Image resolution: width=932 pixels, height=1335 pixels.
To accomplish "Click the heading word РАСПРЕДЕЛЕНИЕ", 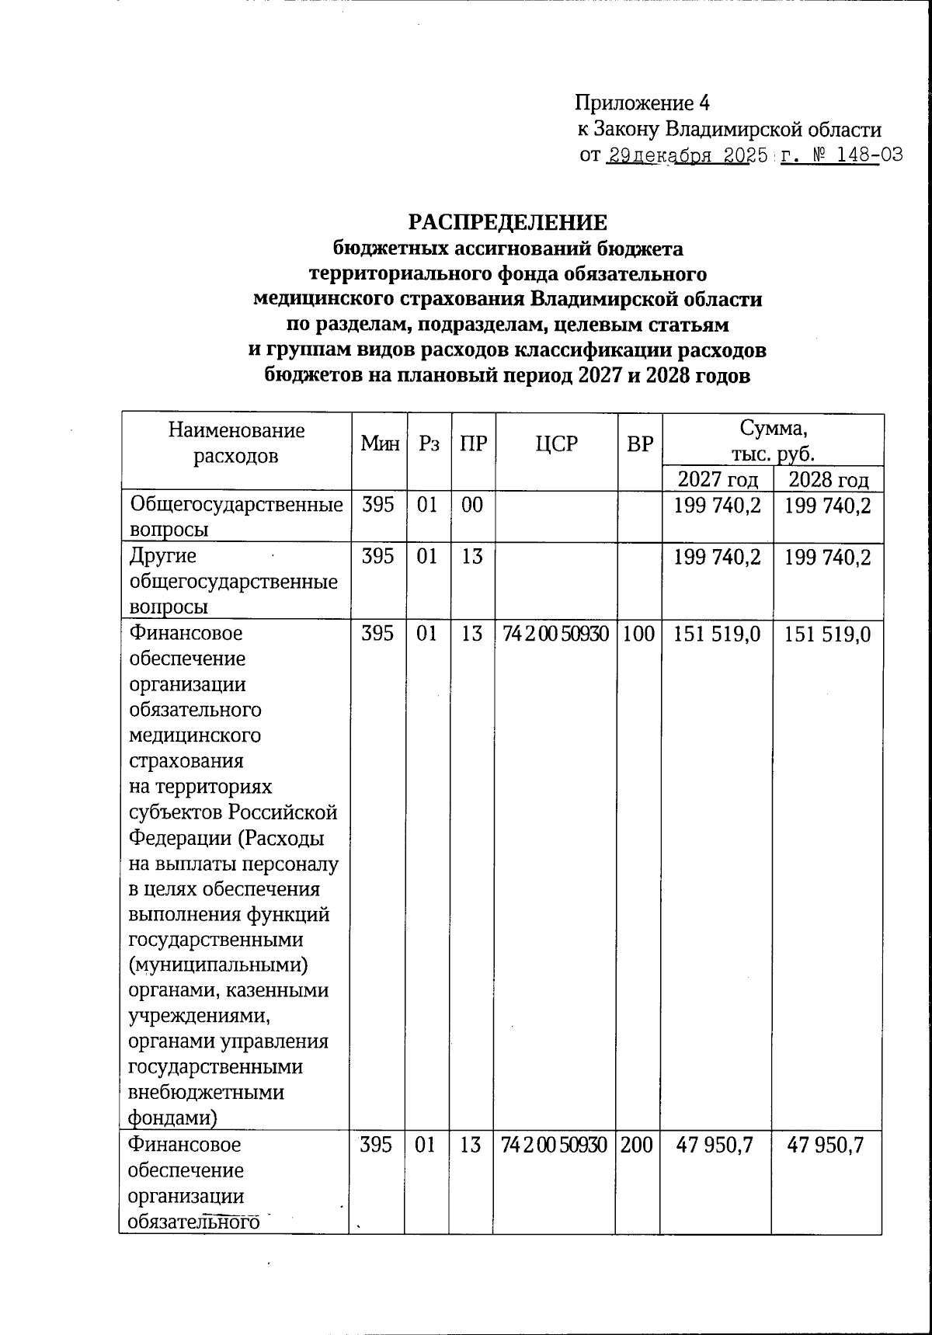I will click(x=508, y=223).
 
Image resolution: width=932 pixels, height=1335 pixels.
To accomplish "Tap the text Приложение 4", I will click(x=642, y=103).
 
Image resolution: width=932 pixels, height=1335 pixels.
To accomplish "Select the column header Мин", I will click(x=380, y=444).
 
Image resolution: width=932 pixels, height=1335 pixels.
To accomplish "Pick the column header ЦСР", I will click(x=557, y=444).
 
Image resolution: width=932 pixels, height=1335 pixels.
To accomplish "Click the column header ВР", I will click(x=639, y=444).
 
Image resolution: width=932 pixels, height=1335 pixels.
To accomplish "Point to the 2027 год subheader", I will click(x=718, y=479).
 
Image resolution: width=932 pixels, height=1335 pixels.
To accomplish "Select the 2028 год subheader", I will click(x=828, y=479).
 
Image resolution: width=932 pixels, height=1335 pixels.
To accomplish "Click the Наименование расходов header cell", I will click(x=236, y=443).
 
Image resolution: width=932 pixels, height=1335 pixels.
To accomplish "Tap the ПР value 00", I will click(x=471, y=506).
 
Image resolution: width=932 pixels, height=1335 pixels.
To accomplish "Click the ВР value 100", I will click(x=638, y=633).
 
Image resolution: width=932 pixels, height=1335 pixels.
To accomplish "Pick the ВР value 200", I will click(x=637, y=1145).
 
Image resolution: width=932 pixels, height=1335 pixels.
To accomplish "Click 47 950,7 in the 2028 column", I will click(x=826, y=1145).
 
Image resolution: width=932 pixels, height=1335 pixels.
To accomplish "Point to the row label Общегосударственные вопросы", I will click(x=236, y=517).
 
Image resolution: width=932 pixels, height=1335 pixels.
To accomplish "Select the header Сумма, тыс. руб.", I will click(x=774, y=440).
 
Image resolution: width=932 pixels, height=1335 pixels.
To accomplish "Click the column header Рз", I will click(x=429, y=444).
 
